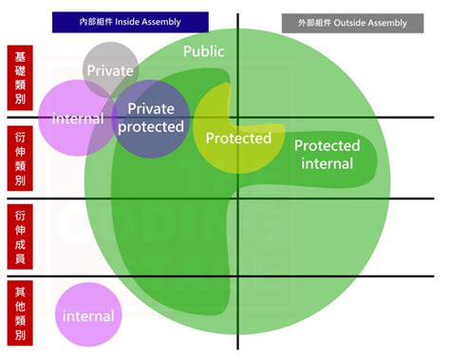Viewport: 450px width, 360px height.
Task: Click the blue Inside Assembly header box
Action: click(x=130, y=22)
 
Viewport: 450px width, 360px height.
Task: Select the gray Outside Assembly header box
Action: click(x=352, y=23)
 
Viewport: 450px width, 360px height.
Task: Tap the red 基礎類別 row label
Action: click(x=20, y=78)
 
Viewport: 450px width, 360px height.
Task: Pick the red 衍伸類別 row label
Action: click(x=20, y=159)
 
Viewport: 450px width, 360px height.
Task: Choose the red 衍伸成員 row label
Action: click(x=20, y=237)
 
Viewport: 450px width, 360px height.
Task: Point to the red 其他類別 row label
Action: click(x=20, y=313)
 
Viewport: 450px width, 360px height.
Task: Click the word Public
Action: click(x=204, y=51)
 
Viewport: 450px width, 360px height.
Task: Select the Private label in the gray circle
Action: click(x=110, y=70)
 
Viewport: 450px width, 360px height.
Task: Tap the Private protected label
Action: click(x=151, y=118)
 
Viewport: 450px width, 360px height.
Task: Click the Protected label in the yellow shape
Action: click(x=238, y=138)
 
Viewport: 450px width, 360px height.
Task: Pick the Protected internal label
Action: click(x=328, y=155)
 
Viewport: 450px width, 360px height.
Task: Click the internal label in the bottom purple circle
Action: click(x=88, y=316)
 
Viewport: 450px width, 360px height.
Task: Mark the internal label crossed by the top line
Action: click(x=78, y=119)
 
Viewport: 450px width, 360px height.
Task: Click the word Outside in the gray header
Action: click(x=348, y=23)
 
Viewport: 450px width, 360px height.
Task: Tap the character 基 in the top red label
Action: click(x=20, y=57)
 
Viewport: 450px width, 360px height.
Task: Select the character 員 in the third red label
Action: click(x=20, y=258)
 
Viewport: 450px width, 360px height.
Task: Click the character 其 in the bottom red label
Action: click(x=20, y=292)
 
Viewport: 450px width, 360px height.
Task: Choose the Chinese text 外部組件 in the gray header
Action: click(x=314, y=23)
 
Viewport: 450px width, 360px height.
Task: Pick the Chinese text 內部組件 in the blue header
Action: click(x=96, y=22)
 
